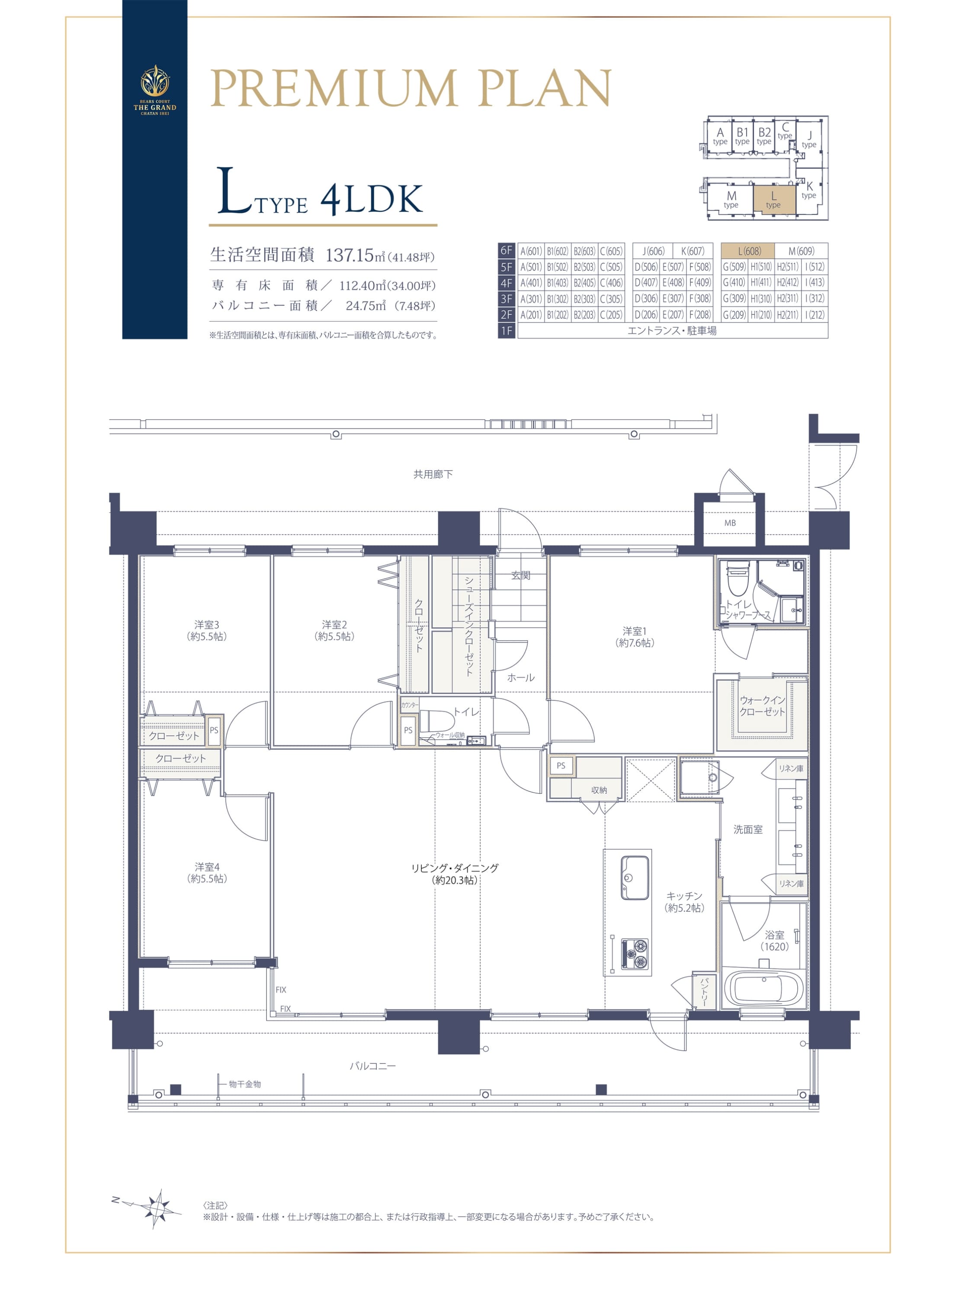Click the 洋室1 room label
tap(635, 636)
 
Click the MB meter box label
tap(730, 523)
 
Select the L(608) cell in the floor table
tap(749, 251)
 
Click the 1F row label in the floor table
tap(507, 331)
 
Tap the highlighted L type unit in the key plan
tap(773, 199)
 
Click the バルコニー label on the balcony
tap(373, 1065)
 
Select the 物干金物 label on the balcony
tap(245, 1084)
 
